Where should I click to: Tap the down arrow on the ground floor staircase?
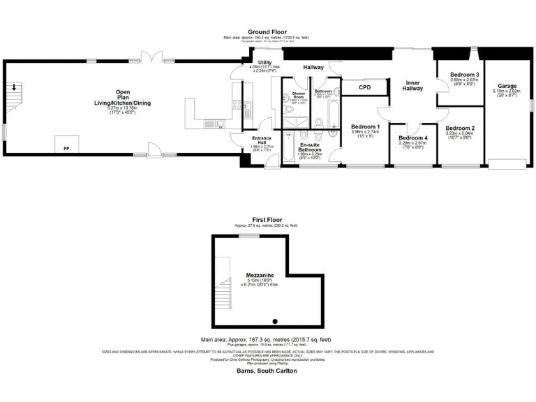point(13,87)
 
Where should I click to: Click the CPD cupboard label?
point(365,87)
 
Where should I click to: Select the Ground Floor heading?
point(268,32)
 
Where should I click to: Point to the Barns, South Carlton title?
point(267,371)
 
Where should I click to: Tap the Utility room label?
point(265,63)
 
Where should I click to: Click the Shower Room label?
point(299,95)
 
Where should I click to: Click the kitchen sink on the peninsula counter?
point(220,124)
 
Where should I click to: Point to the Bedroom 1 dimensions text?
point(364,132)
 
